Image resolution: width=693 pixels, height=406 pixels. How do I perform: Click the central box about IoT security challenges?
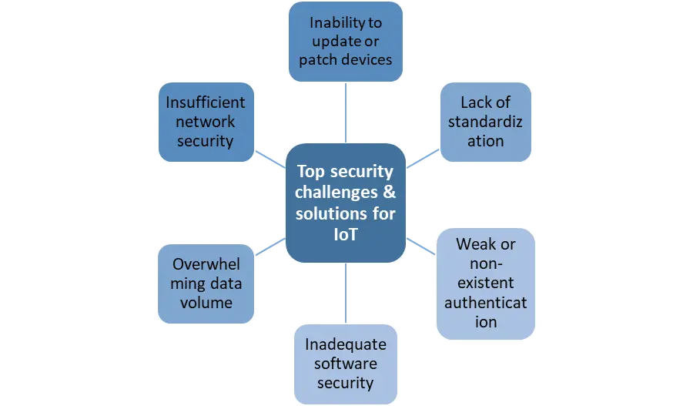[x=345, y=203]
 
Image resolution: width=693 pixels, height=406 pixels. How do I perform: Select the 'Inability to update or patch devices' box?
[x=346, y=42]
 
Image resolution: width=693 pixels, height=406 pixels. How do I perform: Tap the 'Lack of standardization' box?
[x=485, y=122]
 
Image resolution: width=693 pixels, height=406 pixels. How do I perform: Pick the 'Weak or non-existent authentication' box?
[x=485, y=283]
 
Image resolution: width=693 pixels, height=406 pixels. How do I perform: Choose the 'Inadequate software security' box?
[x=345, y=363]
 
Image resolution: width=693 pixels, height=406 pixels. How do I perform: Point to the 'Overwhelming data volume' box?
[x=206, y=284]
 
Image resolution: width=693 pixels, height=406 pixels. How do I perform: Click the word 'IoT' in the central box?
[x=345, y=233]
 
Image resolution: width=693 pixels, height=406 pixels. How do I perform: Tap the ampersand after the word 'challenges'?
[x=390, y=192]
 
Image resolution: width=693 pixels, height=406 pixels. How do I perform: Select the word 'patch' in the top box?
[x=318, y=59]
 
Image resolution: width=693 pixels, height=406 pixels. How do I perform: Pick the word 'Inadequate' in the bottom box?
[x=345, y=344]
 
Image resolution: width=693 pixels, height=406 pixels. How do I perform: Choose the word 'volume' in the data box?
[x=206, y=303]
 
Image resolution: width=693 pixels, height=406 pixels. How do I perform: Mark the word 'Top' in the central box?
[x=311, y=171]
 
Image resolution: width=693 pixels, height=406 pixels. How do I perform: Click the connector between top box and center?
[x=348, y=112]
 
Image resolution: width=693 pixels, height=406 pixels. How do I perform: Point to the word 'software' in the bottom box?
[x=345, y=363]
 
